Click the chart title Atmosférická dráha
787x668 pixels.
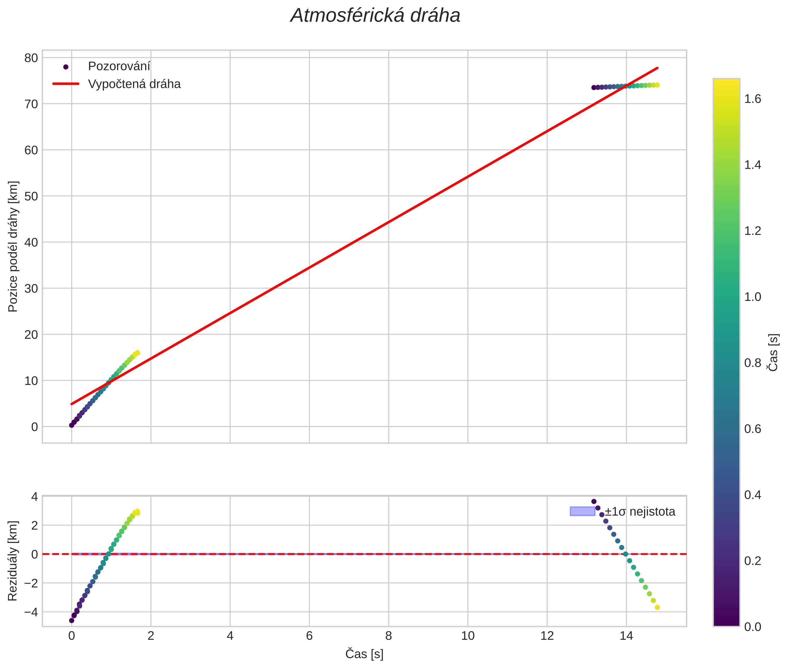pyautogui.click(x=375, y=16)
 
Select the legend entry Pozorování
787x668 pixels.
pyautogui.click(x=119, y=66)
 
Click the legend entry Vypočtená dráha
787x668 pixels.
pyautogui.click(x=134, y=84)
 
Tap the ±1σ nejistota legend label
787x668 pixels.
pyautogui.click(x=639, y=512)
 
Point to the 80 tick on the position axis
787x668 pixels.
pyautogui.click(x=31, y=58)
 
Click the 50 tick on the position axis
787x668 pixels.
pyautogui.click(x=31, y=196)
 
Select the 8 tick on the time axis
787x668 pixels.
pyautogui.click(x=389, y=636)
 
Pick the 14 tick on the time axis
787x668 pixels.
pyautogui.click(x=626, y=636)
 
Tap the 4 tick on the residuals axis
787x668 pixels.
pyautogui.click(x=34, y=496)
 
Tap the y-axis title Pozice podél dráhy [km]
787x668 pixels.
pyautogui.click(x=13, y=246)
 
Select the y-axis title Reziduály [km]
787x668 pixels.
pyautogui.click(x=13, y=561)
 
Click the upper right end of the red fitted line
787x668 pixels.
pyautogui.click(x=658, y=68)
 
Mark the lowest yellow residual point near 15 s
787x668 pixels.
pyautogui.click(x=657, y=608)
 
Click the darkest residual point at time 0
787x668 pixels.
pyautogui.click(x=71, y=620)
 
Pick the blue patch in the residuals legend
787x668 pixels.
pyautogui.click(x=582, y=511)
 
